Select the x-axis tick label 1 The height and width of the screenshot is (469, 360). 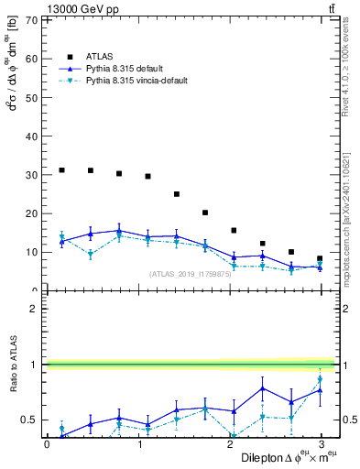[139, 443]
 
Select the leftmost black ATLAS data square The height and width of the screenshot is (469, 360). [61, 170]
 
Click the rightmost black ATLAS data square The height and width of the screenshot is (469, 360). [320, 258]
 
